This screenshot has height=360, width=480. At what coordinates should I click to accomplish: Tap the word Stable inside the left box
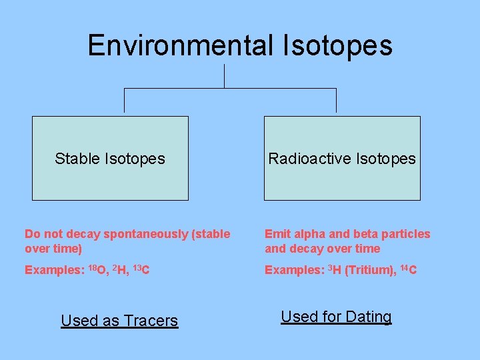click(78, 159)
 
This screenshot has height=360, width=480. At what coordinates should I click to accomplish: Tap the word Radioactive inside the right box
click(310, 159)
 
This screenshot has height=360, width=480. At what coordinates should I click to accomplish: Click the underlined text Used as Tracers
click(119, 321)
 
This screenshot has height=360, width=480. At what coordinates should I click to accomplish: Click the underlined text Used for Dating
click(336, 317)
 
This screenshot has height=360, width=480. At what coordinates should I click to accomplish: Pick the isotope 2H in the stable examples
click(121, 270)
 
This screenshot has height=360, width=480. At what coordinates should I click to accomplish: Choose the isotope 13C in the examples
click(141, 270)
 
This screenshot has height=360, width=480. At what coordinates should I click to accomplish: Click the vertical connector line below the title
click(224, 76)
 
